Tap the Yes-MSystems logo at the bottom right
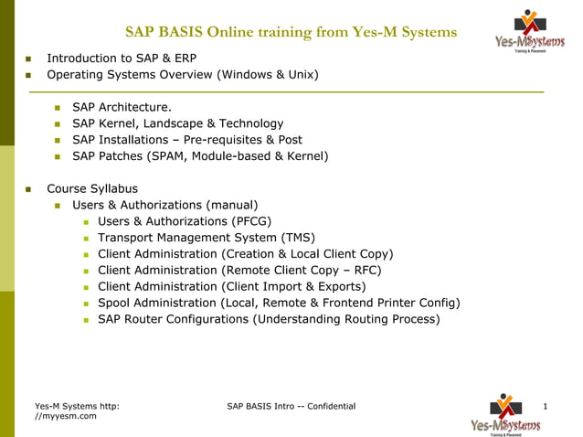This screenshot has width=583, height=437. [x=504, y=413]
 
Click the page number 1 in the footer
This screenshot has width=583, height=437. [x=545, y=405]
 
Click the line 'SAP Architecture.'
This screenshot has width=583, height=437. [x=122, y=107]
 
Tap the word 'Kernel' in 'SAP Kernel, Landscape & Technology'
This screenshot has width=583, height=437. [x=120, y=123]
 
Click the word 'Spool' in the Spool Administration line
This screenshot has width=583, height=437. [x=115, y=303]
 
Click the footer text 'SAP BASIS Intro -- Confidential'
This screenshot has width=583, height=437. [x=291, y=405]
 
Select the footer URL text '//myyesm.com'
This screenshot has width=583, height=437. [x=65, y=416]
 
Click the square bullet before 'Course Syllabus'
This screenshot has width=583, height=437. [x=29, y=189]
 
